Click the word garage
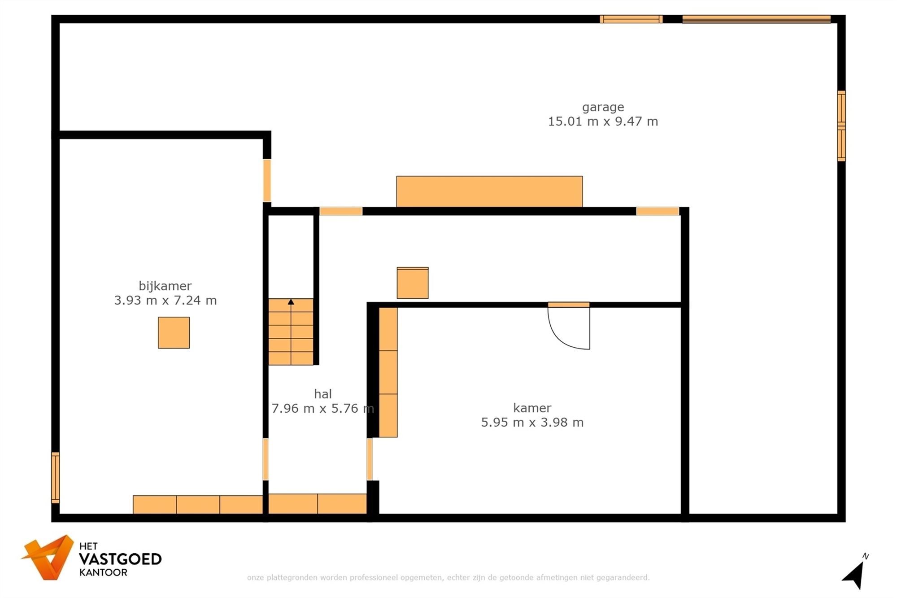[603, 107]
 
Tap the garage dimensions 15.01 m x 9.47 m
[603, 122]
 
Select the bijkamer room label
[165, 286]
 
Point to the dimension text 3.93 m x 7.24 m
[165, 301]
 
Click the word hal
[322, 394]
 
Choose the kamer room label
[532, 408]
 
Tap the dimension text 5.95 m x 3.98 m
[532, 423]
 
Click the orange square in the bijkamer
[174, 332]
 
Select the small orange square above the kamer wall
[412, 283]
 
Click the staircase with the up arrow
[291, 332]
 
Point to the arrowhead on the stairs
[291, 302]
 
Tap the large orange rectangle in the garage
[489, 192]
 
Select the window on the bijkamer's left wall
[56, 477]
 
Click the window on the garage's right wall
[841, 126]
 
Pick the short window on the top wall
[631, 19]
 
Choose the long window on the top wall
[756, 19]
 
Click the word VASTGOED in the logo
[120, 559]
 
